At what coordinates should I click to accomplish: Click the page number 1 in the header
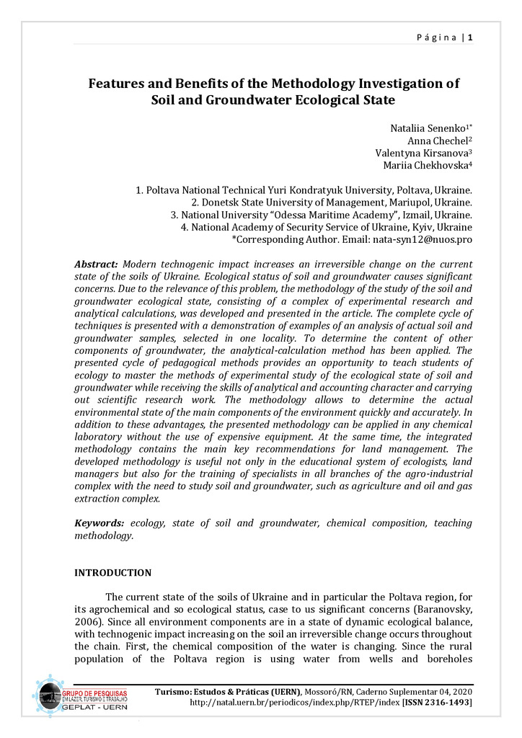pyautogui.click(x=470, y=37)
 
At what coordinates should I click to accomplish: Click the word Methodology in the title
pyautogui.click(x=313, y=84)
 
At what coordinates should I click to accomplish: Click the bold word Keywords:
pyautogui.click(x=99, y=523)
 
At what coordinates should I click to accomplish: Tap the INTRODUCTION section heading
pyautogui.click(x=113, y=573)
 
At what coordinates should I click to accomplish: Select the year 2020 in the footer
pyautogui.click(x=461, y=691)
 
